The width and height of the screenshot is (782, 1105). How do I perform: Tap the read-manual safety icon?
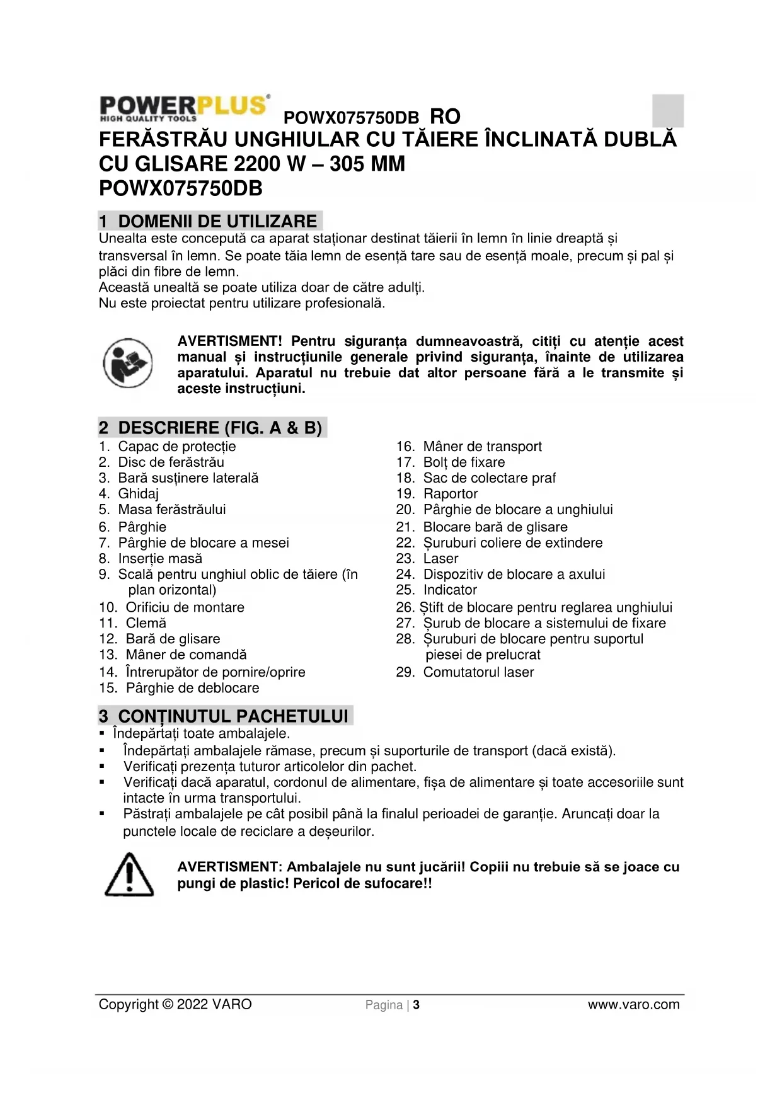click(127, 363)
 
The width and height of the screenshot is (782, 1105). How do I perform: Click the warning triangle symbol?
click(129, 874)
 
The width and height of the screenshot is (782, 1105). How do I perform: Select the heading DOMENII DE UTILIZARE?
click(210, 221)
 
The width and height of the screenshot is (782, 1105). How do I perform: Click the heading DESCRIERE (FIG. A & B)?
click(212, 428)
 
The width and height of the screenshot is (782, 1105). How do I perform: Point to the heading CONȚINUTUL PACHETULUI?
click(226, 716)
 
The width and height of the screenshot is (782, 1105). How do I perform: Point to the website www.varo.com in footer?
click(633, 1005)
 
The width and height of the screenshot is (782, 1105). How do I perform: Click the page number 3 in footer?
click(417, 1005)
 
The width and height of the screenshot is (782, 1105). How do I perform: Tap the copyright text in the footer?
click(175, 1004)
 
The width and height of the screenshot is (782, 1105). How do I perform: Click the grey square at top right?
click(667, 110)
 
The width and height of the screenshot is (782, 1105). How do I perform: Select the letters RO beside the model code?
click(445, 117)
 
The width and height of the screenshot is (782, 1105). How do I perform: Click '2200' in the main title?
click(258, 164)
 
